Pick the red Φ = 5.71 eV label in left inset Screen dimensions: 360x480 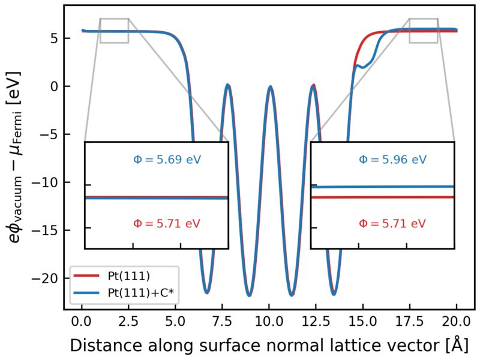point(167,223)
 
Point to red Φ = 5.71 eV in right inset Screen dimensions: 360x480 point(392,223)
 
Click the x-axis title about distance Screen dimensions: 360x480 point(268,346)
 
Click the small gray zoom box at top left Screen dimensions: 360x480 point(114,31)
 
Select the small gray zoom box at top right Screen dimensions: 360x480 point(424,31)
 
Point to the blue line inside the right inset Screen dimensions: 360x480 point(384,187)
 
